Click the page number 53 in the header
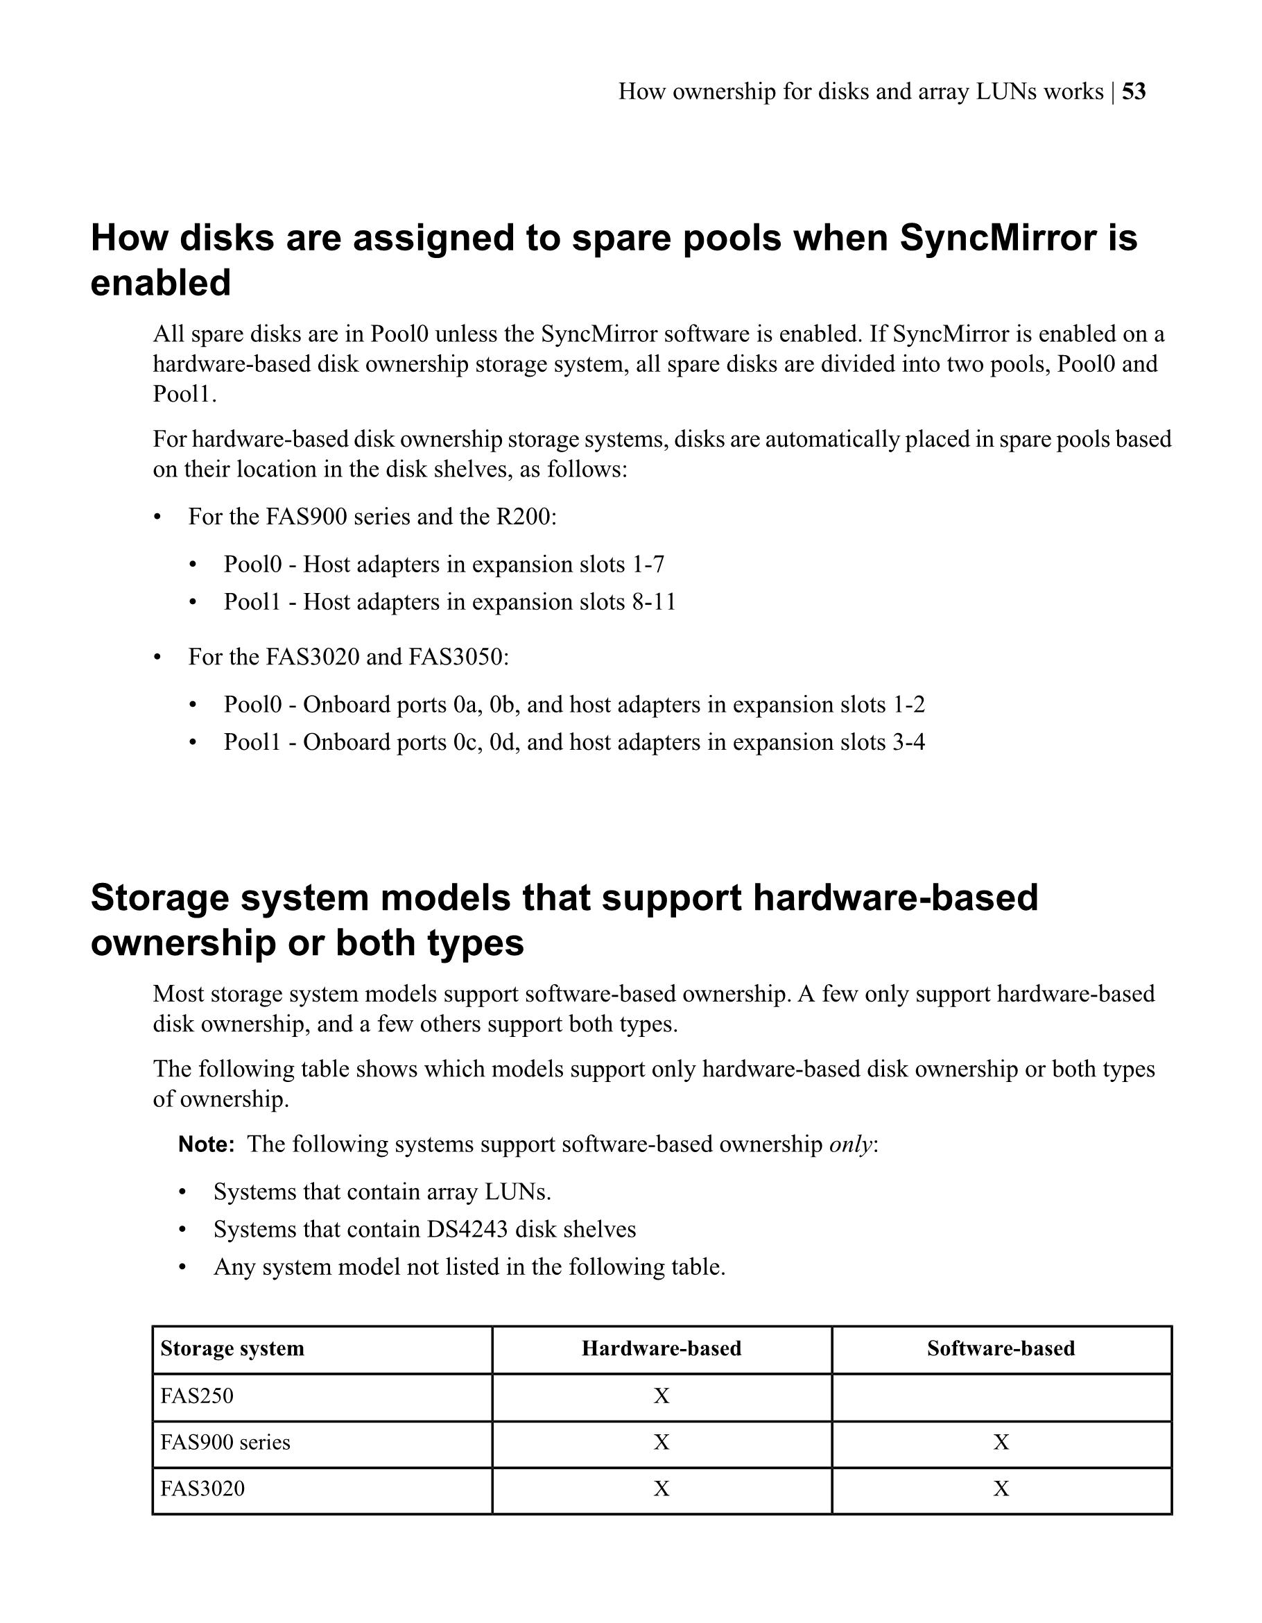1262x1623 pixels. [1134, 92]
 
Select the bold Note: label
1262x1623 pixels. [207, 1144]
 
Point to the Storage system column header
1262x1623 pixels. [232, 1349]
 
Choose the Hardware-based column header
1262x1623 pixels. [661, 1349]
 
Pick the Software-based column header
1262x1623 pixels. [1001, 1349]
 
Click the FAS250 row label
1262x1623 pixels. [197, 1396]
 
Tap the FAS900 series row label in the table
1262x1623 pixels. [225, 1443]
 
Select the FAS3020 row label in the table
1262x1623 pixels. [202, 1489]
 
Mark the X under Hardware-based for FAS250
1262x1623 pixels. [661, 1396]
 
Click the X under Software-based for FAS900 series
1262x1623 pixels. [1001, 1443]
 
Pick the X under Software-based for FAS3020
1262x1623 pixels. [1001, 1489]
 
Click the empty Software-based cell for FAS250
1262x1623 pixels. [1001, 1396]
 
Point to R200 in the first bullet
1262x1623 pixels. [524, 517]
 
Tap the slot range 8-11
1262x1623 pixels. [654, 601]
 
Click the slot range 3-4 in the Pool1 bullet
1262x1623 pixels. [909, 742]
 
